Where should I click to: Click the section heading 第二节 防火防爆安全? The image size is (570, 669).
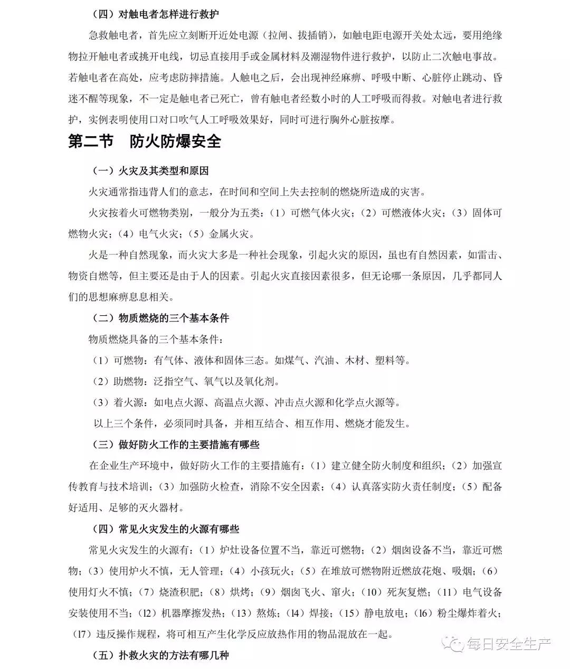145,142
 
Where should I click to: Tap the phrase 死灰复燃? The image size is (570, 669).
405,592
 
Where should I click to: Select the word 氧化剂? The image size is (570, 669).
262,381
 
